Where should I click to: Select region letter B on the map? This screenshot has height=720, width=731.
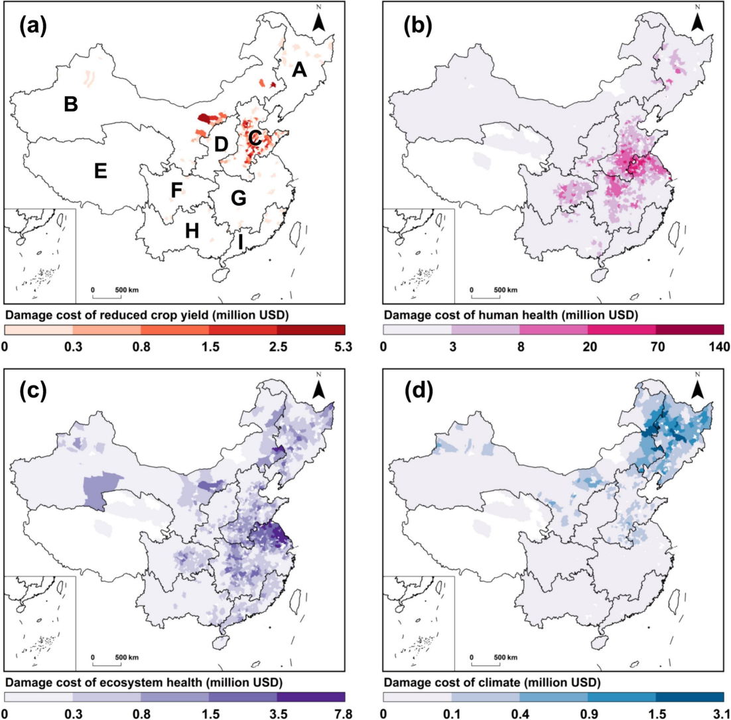coord(71,104)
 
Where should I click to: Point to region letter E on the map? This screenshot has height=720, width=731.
coord(101,172)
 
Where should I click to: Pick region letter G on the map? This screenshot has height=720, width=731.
coord(238,198)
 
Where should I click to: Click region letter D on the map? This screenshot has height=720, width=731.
coord(221,143)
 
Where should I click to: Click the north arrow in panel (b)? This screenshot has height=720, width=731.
coord(697,20)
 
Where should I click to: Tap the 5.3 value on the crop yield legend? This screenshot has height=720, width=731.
coord(343,346)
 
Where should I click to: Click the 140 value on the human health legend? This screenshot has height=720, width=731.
coord(720,346)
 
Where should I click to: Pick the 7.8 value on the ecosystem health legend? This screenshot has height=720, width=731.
coord(343,713)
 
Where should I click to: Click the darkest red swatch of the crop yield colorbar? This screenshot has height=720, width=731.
coord(311,329)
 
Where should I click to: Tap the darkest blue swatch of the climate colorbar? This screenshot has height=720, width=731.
coord(690,697)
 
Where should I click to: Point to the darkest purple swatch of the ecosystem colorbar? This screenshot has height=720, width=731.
coord(311,697)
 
